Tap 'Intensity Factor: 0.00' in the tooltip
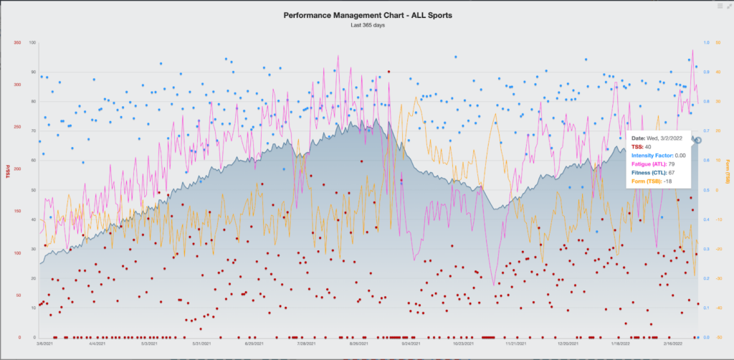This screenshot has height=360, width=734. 658,155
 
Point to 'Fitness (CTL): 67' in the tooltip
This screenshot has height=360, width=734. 652,172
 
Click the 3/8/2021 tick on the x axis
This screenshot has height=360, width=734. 44,344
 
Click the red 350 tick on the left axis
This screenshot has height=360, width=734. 16,43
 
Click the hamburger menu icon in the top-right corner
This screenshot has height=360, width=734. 720,6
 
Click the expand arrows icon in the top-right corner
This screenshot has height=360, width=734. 728,6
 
